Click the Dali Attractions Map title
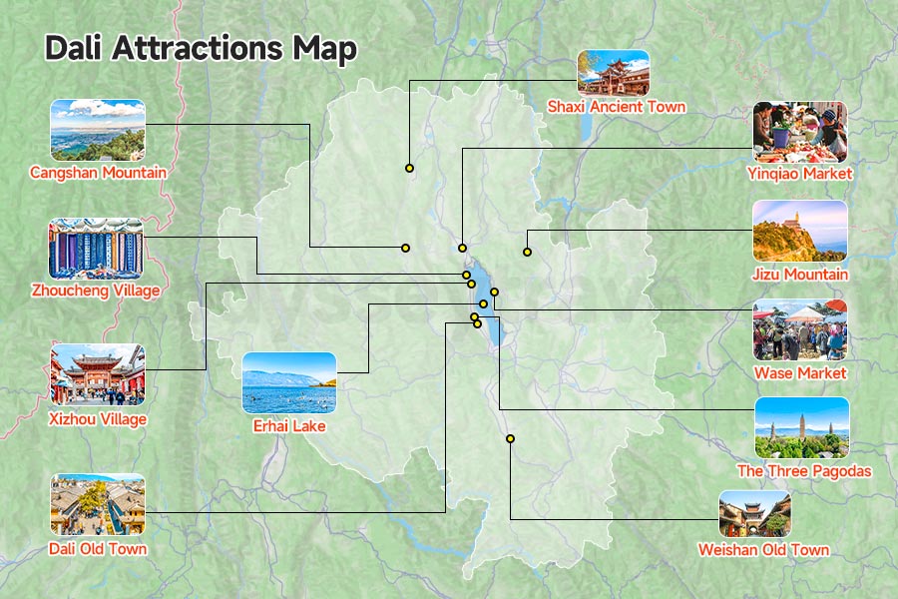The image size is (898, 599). click(201, 49)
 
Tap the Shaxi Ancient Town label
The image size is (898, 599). click(616, 106)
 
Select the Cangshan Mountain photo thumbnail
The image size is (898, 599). click(98, 130)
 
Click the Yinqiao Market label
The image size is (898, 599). click(799, 173)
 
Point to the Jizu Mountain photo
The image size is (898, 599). click(799, 231)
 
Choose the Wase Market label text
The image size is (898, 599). click(799, 372)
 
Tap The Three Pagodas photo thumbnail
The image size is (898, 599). click(801, 428)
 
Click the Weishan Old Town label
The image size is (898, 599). click(763, 549)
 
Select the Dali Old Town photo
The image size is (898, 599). click(98, 504)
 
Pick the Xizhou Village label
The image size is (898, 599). click(98, 419)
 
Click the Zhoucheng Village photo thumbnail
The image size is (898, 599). click(96, 249)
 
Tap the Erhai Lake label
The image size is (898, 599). click(289, 426)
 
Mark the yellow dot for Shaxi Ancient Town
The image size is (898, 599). click(409, 168)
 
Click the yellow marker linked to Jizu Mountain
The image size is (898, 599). click(527, 252)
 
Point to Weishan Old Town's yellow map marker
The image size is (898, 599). click(510, 439)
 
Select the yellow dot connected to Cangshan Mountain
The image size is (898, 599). click(406, 248)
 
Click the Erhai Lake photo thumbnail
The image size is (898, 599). click(289, 382)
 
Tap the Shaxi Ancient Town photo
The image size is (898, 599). click(613, 72)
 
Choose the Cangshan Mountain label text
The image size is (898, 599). click(98, 173)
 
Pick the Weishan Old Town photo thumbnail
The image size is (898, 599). click(755, 513)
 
